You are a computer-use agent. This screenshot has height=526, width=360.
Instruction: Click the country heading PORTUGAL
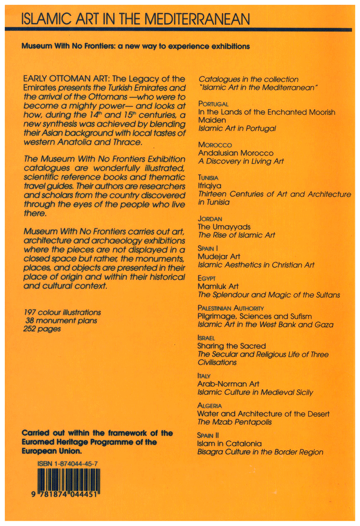click(x=213, y=104)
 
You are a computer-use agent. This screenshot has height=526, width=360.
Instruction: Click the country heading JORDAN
click(x=209, y=219)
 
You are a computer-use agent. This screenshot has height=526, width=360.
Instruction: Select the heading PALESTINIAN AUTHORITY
click(x=231, y=307)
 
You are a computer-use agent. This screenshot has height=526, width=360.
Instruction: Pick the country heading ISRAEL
click(x=206, y=338)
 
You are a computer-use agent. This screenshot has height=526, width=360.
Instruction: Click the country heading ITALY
click(x=204, y=376)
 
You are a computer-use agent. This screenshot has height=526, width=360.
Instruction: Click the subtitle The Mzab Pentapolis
click(x=232, y=422)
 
